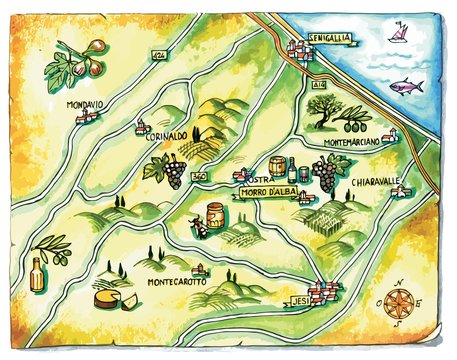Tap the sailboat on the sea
point(399,36)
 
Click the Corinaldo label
point(166,136)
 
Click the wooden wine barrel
point(277,166)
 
